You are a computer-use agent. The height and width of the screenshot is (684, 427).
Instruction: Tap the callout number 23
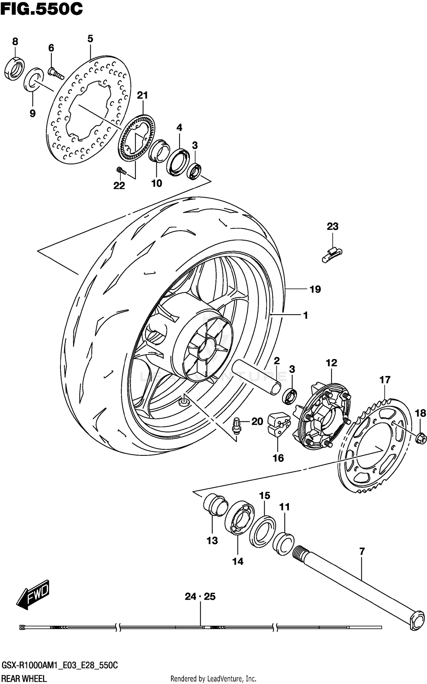[x=332, y=226]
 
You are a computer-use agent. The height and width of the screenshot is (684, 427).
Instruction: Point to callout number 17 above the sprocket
[x=385, y=379]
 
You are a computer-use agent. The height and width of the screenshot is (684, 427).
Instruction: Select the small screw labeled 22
[x=34, y=79]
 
